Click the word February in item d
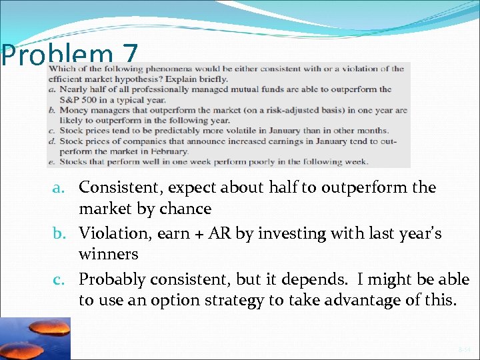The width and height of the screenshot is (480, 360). [x=170, y=151]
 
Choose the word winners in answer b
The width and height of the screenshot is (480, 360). [x=108, y=254]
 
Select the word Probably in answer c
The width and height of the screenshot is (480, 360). [x=109, y=279]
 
